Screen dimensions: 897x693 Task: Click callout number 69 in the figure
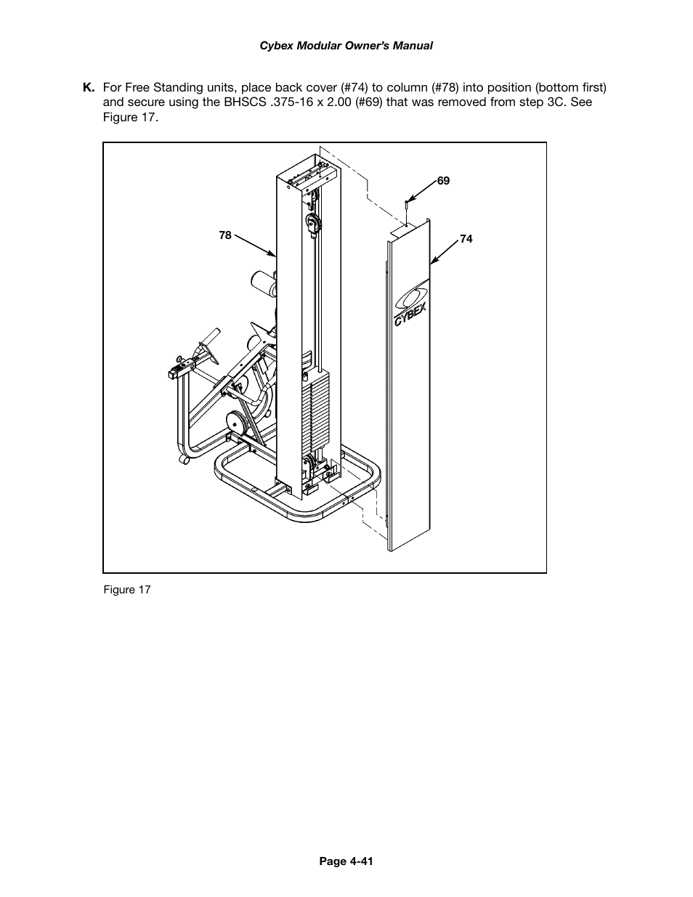[443, 181]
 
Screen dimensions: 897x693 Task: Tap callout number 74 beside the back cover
[466, 239]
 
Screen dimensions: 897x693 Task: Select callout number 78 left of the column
[225, 235]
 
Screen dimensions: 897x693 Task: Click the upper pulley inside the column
[312, 224]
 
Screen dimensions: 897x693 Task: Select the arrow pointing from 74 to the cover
[444, 250]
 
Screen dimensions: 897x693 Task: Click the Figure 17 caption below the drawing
[126, 590]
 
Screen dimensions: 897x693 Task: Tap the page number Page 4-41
[346, 861]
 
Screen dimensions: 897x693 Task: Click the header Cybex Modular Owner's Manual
[346, 45]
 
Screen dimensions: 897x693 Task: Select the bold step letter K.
[89, 88]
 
